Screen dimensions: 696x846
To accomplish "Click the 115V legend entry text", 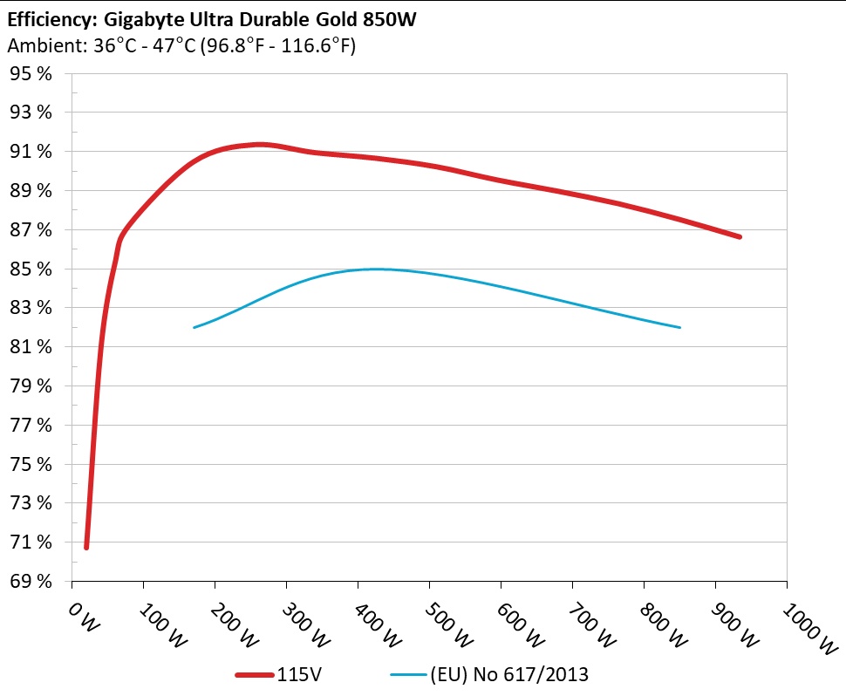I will tap(301, 674).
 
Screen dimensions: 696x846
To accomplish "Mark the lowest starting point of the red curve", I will tap(86, 547).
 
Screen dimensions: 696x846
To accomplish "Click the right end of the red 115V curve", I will tap(740, 236).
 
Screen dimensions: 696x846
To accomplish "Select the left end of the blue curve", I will tap(194, 327).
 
